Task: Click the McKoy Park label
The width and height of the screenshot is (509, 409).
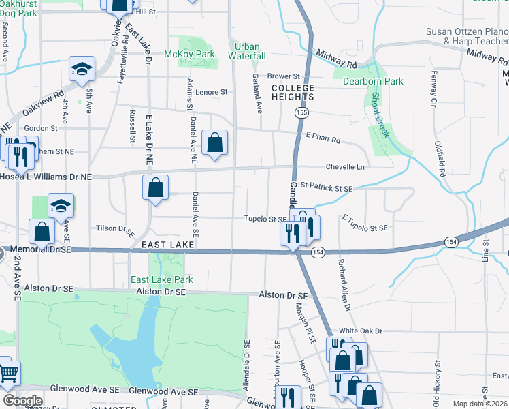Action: click(189, 54)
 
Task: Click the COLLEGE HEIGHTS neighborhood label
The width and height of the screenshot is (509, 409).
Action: click(293, 93)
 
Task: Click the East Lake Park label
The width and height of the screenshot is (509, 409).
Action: click(162, 279)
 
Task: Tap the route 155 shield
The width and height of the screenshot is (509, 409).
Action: click(302, 112)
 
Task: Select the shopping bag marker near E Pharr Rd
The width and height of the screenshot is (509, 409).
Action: click(214, 143)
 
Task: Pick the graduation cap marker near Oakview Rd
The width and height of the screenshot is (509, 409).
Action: click(82, 69)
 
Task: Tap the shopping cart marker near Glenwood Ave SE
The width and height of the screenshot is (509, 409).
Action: click(8, 373)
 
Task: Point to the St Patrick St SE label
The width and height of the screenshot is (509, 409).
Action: click(326, 187)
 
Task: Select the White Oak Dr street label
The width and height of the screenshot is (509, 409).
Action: click(361, 331)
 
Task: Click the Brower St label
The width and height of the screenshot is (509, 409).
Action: click(284, 76)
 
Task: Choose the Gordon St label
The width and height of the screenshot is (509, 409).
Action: click(41, 128)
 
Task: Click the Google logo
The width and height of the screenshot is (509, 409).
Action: click(22, 401)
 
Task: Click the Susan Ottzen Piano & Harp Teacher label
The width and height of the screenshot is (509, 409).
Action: click(467, 36)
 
